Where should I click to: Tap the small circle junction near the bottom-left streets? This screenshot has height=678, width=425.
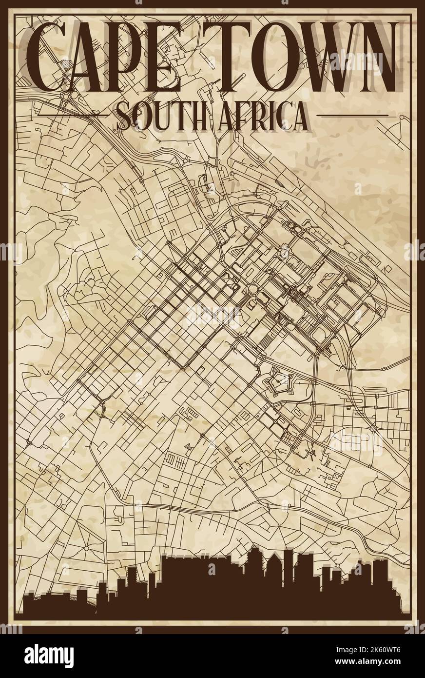pos(86,548)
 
